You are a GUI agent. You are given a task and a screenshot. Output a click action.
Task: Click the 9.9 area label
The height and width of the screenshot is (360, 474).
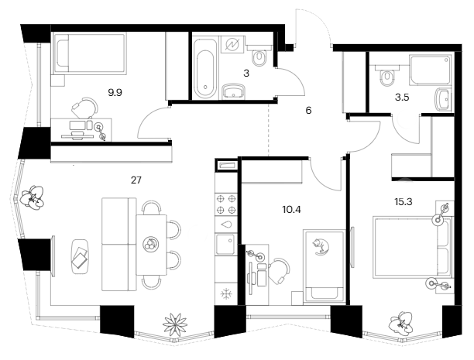point(115,92)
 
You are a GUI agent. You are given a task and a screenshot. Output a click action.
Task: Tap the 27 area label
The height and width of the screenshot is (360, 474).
point(136,180)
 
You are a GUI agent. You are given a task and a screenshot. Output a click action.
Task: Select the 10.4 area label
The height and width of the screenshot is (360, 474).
point(292,210)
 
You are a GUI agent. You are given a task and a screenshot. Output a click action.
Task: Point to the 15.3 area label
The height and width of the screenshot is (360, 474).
point(404,201)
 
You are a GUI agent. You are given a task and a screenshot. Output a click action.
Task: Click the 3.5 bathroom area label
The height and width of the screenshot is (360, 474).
point(402,98)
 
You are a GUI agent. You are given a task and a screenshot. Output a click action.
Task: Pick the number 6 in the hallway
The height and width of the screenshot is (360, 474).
point(308,111)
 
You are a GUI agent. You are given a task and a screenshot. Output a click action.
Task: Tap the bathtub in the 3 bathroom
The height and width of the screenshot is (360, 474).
point(205,68)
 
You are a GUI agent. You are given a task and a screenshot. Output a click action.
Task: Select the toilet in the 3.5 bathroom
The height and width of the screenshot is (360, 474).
point(386,78)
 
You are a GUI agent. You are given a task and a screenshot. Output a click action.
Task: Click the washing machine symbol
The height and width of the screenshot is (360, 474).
point(232,45)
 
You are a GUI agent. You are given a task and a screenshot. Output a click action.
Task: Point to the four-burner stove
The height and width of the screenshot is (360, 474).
point(226,204)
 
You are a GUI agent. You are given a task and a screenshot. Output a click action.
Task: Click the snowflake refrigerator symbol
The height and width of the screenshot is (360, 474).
point(226,293)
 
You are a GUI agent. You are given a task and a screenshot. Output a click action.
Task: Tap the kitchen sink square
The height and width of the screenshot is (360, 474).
point(226,244)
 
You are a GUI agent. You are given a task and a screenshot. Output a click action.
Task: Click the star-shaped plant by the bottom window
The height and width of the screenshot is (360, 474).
point(175,324)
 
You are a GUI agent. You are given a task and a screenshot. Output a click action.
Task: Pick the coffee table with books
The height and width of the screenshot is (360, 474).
point(80,256)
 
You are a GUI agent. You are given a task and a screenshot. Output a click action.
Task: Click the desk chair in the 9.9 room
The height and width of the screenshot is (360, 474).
point(85,108)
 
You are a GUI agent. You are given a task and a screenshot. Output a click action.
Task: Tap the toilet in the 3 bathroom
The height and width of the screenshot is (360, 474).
point(259,58)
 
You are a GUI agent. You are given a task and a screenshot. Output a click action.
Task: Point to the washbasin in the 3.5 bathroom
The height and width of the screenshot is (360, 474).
point(443,100)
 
